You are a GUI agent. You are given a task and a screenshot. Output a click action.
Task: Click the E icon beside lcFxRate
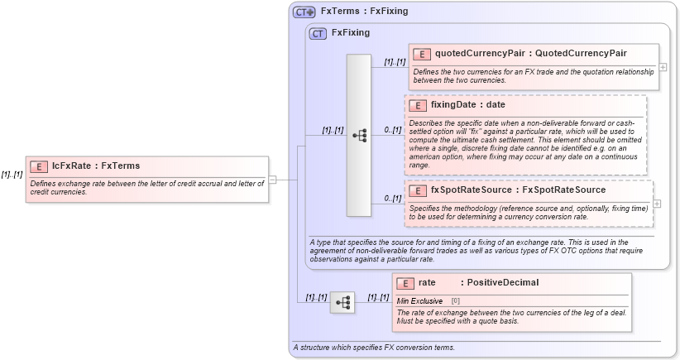pos(39,166)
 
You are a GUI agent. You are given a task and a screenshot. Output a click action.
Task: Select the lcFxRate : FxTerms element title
pos(96,166)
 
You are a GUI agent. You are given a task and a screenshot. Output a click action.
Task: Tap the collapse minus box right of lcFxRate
pos(272,179)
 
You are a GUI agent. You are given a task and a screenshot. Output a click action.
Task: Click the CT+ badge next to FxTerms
pos(304,12)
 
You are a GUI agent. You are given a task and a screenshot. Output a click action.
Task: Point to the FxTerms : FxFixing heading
pos(364,12)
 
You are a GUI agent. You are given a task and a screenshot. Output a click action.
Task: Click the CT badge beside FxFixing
pos(318,34)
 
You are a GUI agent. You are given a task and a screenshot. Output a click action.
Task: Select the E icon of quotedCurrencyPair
pos(422,54)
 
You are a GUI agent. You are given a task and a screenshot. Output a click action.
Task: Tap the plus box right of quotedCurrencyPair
pos(663,66)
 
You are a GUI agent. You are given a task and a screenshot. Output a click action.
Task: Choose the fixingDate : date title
pos(467,105)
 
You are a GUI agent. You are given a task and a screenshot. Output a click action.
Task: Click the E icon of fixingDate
pos(418,105)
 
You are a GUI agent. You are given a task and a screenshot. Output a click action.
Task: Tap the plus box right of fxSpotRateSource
pos(658,204)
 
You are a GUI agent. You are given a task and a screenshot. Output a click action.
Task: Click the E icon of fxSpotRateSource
pos(418,190)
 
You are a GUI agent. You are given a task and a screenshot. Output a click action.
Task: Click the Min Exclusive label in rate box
pos(419,300)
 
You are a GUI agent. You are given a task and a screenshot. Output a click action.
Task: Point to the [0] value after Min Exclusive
pos(456,300)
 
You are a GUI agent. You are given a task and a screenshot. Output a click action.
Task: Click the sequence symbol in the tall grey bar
pos(359,135)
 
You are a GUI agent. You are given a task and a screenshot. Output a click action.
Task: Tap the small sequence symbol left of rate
pos(342,303)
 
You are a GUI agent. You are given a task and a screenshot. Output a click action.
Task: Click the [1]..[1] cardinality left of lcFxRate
pos(12,175)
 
